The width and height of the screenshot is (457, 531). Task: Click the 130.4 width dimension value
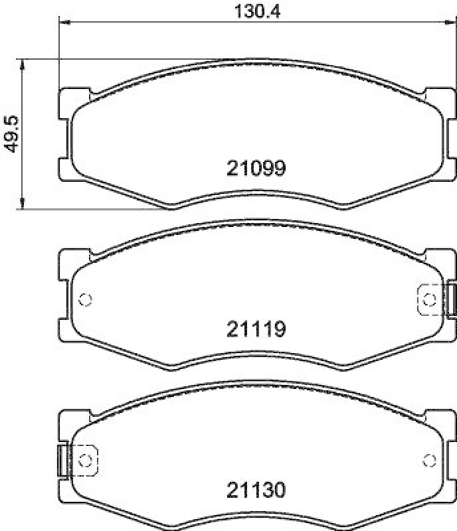coord(255,11)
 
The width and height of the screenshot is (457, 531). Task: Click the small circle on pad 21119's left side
coord(84,299)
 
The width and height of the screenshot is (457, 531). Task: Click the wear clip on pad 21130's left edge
coord(63,459)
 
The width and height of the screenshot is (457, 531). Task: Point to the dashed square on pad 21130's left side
coord(84,459)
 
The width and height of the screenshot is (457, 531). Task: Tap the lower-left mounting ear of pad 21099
coord(66,169)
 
